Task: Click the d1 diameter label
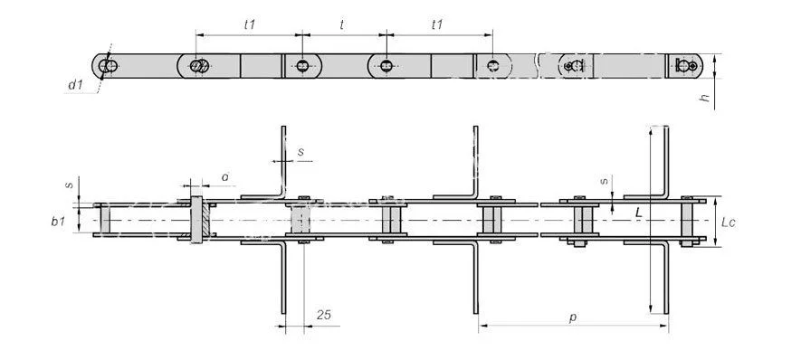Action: pyautogui.click(x=75, y=85)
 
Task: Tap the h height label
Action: pyautogui.click(x=705, y=96)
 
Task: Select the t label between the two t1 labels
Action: pyautogui.click(x=341, y=24)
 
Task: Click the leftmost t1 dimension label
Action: pyautogui.click(x=249, y=24)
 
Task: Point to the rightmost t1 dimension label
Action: pyautogui.click(x=437, y=24)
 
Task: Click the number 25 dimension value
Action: pyautogui.click(x=323, y=315)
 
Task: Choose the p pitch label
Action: pyautogui.click(x=573, y=317)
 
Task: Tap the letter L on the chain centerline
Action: pyautogui.click(x=638, y=213)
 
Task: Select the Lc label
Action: pyautogui.click(x=728, y=223)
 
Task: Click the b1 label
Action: pyautogui.click(x=58, y=223)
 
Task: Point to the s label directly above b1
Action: pyautogui.click(x=70, y=185)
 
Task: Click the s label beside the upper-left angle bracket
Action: pyautogui.click(x=300, y=151)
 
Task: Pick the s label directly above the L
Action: pyautogui.click(x=605, y=180)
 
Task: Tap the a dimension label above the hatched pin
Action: pyautogui.click(x=224, y=177)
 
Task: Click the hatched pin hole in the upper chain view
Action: pyautogui.click(x=199, y=66)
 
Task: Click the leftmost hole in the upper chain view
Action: pyautogui.click(x=108, y=66)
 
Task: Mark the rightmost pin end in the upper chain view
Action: pyautogui.click(x=685, y=65)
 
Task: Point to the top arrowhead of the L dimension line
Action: pyautogui.click(x=650, y=131)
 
